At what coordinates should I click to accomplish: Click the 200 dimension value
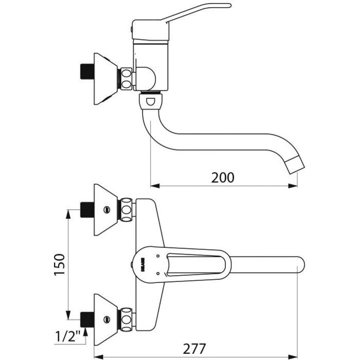pyautogui.click(x=223, y=177)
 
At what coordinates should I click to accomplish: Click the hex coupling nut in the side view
pyautogui.click(x=126, y=79)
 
